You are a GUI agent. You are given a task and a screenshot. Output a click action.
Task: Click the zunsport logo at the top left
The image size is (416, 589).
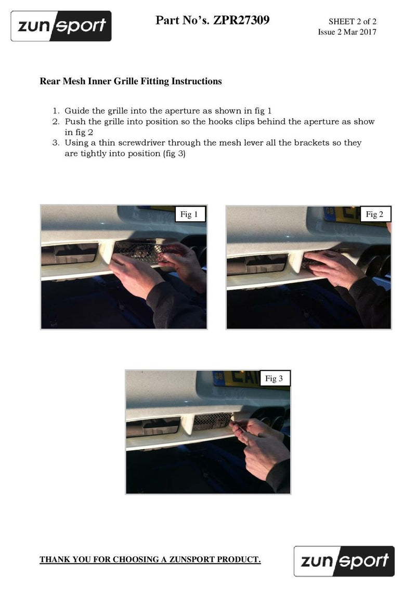point(61,26)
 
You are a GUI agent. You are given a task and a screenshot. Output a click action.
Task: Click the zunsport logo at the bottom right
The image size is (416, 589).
point(344,561)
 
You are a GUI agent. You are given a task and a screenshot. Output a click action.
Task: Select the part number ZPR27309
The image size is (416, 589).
point(241,20)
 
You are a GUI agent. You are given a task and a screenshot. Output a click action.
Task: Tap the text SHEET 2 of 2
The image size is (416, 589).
point(352,21)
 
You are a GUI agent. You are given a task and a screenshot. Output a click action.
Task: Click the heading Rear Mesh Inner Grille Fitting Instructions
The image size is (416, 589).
point(131,81)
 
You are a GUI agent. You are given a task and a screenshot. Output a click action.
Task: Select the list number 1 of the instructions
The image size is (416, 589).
point(56,111)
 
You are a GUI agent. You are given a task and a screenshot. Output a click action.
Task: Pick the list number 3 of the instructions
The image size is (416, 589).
point(56,143)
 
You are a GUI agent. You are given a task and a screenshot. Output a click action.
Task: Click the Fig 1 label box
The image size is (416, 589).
point(190,214)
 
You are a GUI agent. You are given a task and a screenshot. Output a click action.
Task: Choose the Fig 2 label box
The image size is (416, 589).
point(375,214)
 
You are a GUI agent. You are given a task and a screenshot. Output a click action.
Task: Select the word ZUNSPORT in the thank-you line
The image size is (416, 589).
point(192,559)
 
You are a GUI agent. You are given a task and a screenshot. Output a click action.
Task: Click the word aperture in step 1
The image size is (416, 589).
point(182,111)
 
